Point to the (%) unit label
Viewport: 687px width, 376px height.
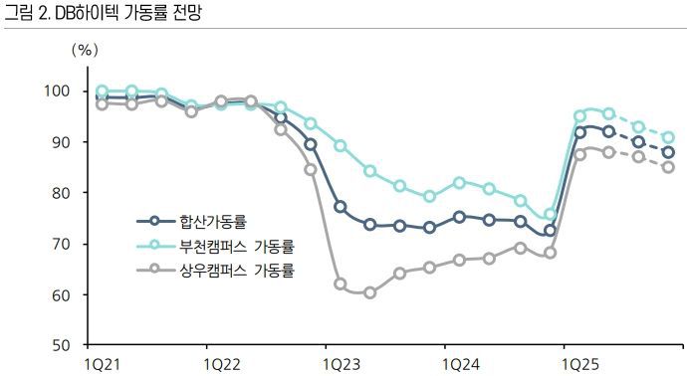click(86, 48)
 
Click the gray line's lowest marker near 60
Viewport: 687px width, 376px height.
click(369, 292)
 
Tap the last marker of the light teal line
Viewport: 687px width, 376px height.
click(668, 137)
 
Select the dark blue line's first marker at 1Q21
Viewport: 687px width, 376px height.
click(102, 97)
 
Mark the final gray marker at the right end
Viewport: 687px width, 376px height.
click(668, 167)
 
